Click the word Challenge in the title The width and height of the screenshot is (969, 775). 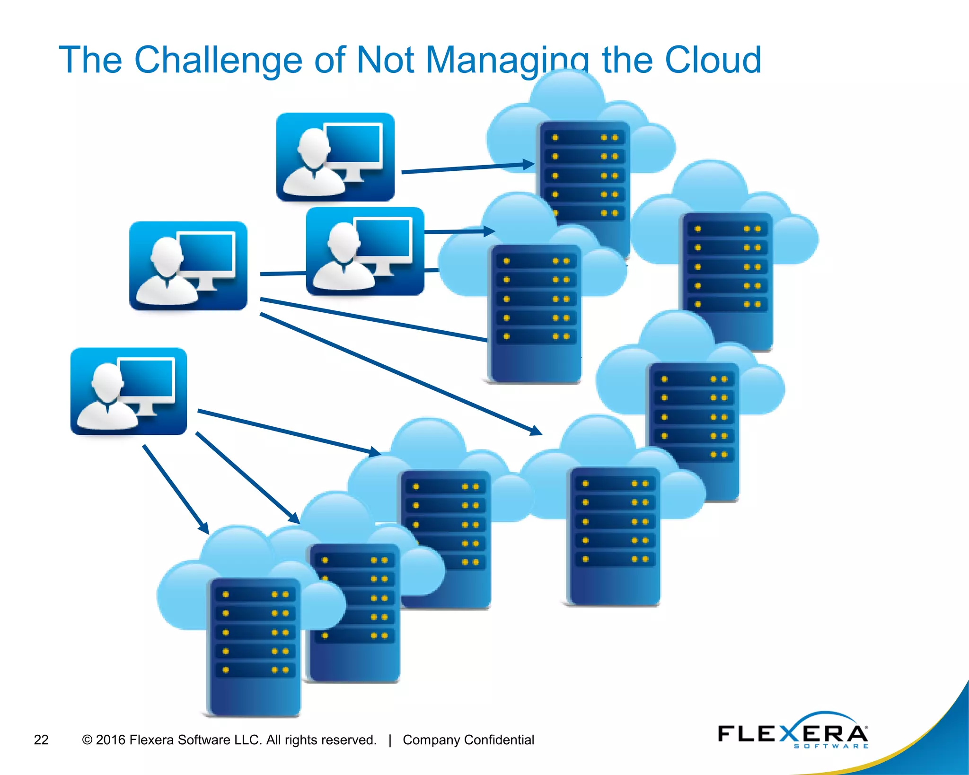(x=218, y=61)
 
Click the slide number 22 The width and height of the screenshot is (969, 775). (x=41, y=740)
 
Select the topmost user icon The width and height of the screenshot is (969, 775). (x=335, y=157)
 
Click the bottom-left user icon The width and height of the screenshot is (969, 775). (x=129, y=391)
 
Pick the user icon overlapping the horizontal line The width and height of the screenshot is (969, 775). (x=365, y=251)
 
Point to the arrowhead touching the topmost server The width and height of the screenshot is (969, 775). (x=529, y=165)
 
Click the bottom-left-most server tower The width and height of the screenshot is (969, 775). (x=255, y=646)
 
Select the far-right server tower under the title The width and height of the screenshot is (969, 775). (x=726, y=282)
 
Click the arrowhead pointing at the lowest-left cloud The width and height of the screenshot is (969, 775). (x=203, y=528)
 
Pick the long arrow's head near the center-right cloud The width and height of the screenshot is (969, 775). (x=536, y=431)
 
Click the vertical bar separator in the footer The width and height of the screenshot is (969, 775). (x=390, y=740)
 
